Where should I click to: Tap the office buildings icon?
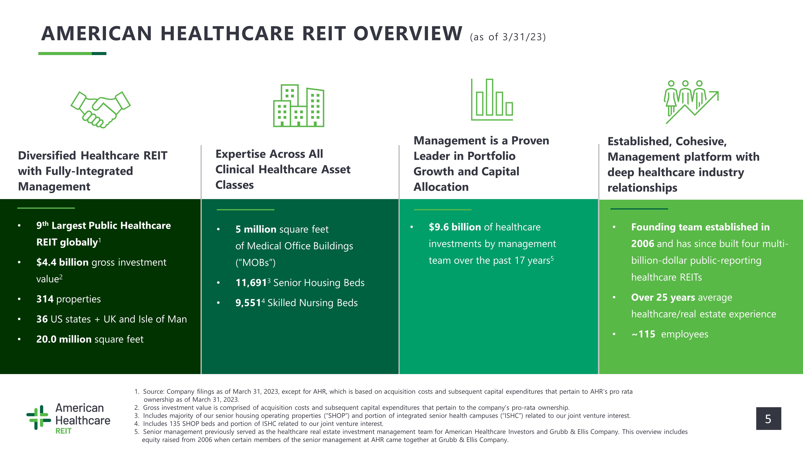[299, 105]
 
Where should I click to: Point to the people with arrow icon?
[691, 102]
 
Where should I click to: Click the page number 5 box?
[768, 419]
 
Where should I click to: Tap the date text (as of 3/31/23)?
[508, 37]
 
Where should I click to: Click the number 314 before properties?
[45, 299]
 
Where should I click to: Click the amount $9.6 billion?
[455, 227]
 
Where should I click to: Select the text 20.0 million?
[64, 339]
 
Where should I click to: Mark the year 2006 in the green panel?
[642, 244]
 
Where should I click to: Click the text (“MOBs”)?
[255, 263]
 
